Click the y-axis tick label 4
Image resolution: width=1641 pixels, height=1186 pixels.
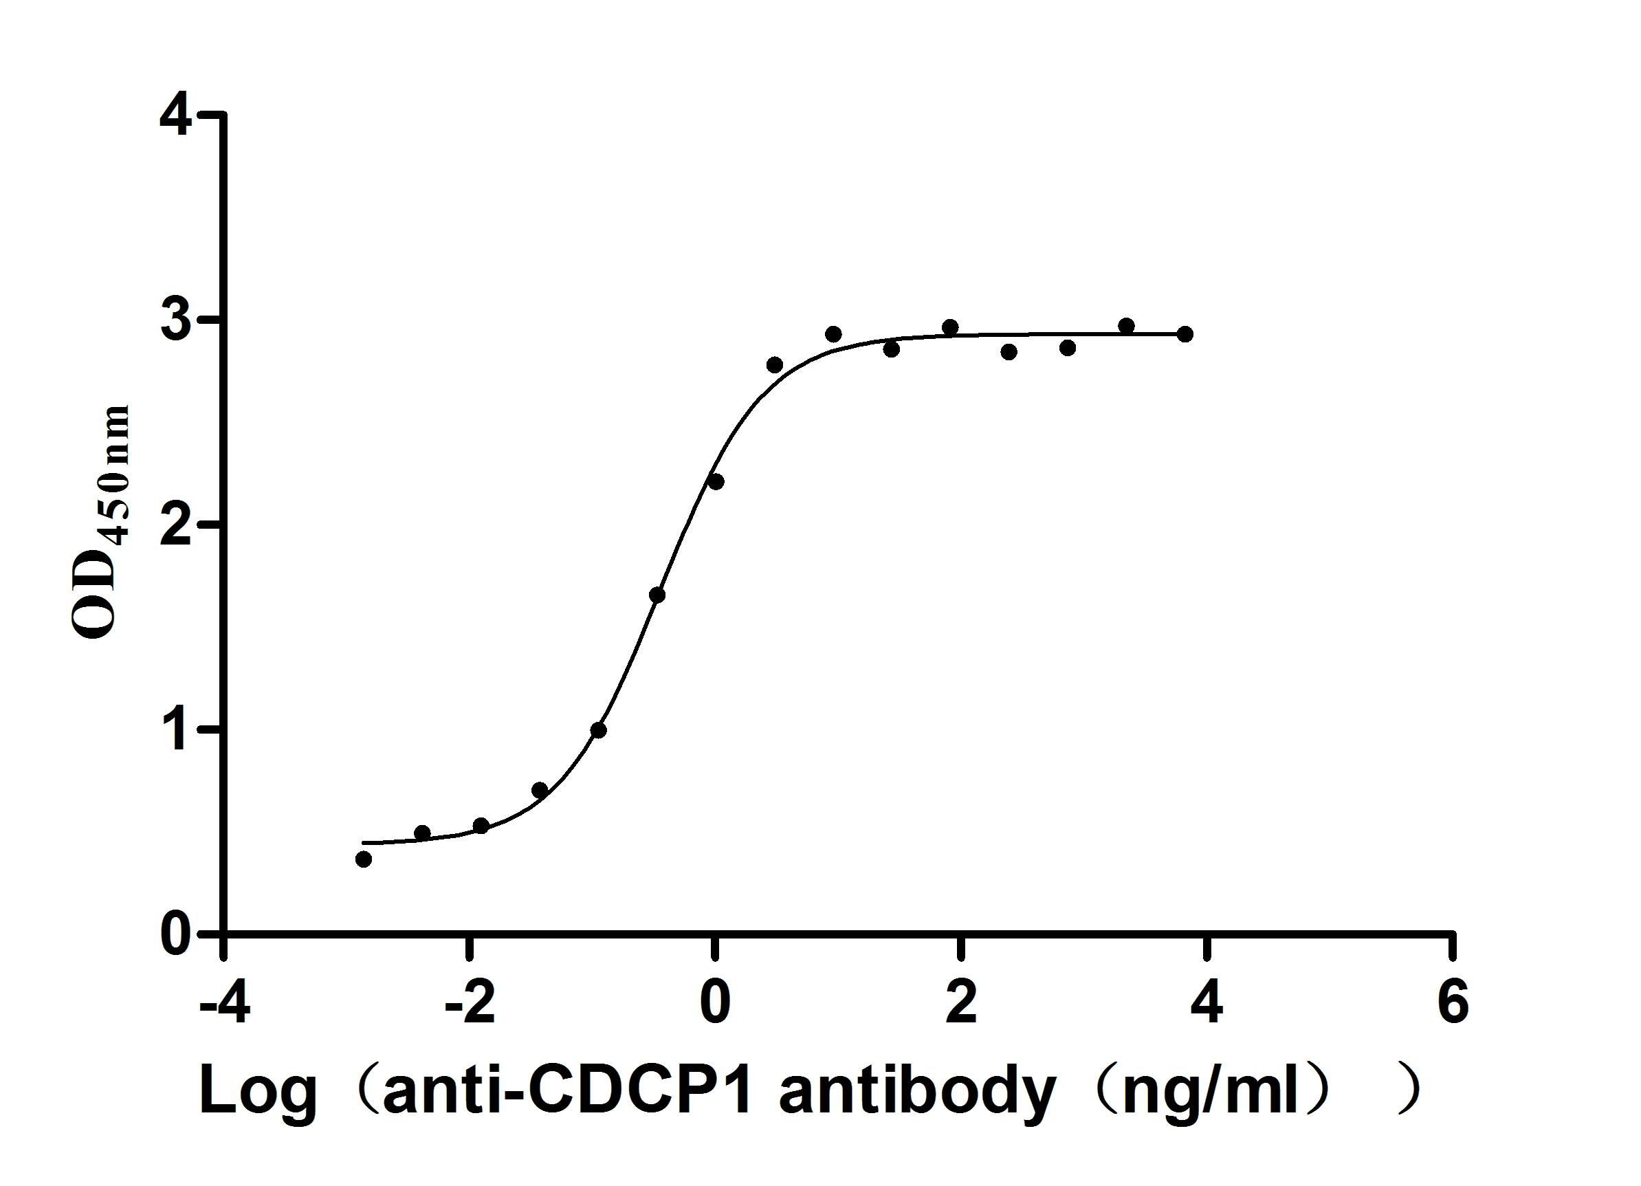178,116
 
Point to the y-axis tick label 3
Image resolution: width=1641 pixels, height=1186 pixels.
178,320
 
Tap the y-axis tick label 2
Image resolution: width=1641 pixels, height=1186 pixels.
178,525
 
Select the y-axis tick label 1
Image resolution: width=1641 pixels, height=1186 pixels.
178,730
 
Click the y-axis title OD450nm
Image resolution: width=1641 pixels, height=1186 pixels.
101,521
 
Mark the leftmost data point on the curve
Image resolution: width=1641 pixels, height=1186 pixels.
364,859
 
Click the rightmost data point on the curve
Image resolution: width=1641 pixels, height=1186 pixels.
1185,334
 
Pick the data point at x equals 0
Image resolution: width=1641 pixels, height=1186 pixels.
716,482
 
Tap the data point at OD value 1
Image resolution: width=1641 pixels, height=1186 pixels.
598,730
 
